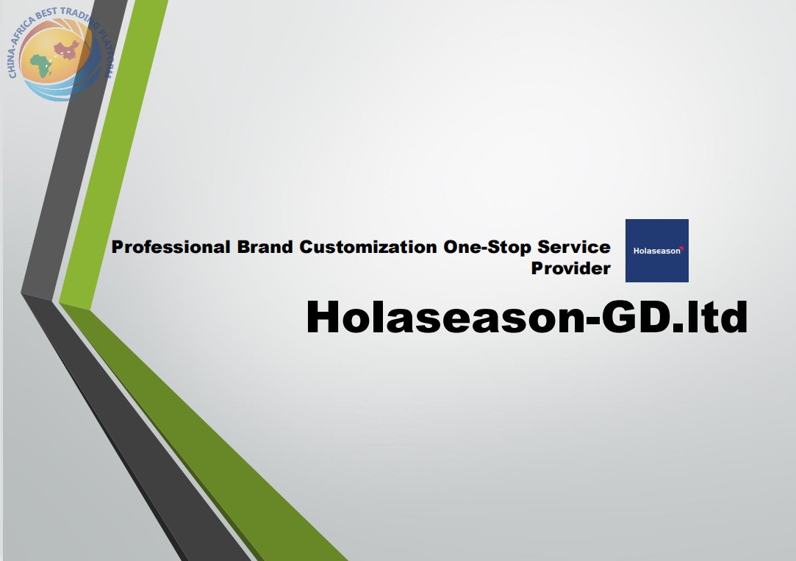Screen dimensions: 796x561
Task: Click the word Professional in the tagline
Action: pos(171,247)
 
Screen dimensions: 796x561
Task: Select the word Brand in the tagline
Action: pos(265,247)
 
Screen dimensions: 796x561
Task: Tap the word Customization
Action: pos(368,247)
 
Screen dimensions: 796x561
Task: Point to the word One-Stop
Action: pos(487,247)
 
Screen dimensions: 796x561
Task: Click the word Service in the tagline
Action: pos(574,247)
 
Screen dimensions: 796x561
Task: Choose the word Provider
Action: pos(570,268)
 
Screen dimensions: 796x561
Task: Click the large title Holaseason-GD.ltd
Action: pos(527,317)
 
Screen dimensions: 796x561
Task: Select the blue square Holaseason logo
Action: pos(657,251)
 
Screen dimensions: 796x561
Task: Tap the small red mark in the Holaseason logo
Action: pos(682,249)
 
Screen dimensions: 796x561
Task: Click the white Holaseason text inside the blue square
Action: pos(657,251)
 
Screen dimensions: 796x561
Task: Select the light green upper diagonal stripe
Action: pos(113,152)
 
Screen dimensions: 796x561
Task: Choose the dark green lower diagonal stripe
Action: pos(203,432)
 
